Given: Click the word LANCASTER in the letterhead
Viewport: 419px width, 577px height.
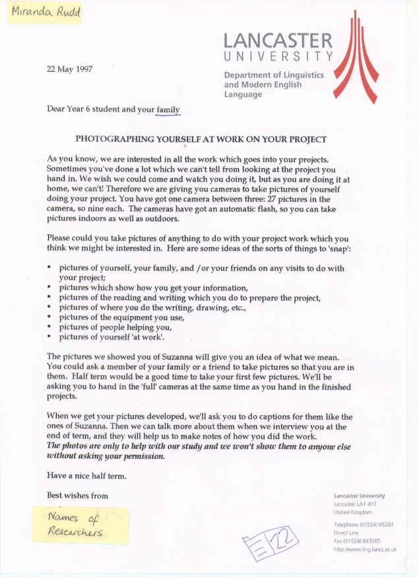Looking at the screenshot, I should click(278, 39).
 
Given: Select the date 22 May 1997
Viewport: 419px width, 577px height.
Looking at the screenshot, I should click(72, 68).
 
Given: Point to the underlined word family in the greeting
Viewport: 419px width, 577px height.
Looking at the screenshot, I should click(168, 109).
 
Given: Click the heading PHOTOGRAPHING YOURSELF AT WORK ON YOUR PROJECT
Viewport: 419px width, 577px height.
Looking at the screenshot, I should click(201, 140).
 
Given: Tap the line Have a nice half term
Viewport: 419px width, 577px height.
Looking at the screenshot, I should click(86, 475).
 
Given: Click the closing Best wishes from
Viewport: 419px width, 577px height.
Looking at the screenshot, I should click(77, 495).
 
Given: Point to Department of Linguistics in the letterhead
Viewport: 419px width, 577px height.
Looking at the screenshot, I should click(274, 75).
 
